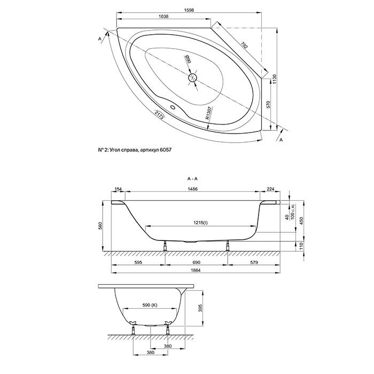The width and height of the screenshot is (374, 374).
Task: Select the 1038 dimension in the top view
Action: [x=165, y=17]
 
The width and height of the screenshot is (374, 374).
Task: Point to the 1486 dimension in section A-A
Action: [x=193, y=190]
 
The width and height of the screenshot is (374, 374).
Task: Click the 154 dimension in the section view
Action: [x=119, y=190]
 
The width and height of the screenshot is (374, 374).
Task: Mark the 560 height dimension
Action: [x=99, y=226]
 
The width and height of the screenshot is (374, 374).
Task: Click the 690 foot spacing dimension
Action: [x=197, y=262]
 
